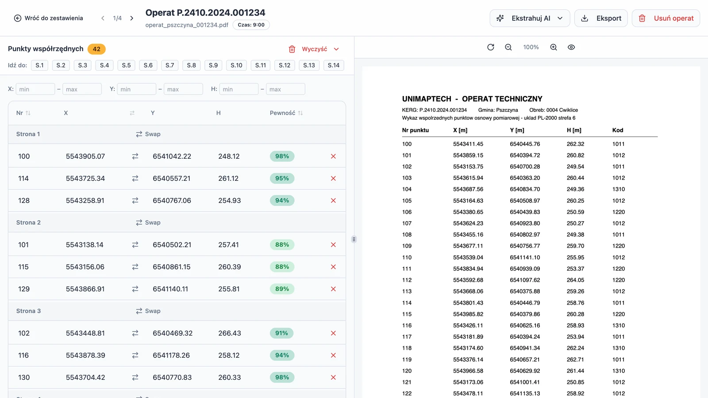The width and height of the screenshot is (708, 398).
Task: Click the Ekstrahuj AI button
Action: pyautogui.click(x=530, y=18)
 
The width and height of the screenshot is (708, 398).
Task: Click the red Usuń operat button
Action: pyautogui.click(x=666, y=18)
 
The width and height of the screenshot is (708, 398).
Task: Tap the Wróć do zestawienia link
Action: pyautogui.click(x=48, y=18)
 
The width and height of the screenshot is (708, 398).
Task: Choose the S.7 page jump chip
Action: pyautogui.click(x=170, y=65)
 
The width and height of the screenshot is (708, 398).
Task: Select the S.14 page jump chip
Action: pyautogui.click(x=334, y=65)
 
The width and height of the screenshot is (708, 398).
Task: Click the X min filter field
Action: pyautogui.click(x=35, y=89)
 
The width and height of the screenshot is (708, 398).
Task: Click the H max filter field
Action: pyautogui.click(x=285, y=89)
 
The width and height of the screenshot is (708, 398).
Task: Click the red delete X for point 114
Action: pyautogui.click(x=333, y=179)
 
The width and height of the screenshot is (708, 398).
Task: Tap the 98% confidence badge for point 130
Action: pyautogui.click(x=282, y=377)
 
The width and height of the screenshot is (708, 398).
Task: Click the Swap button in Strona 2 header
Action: pyautogui.click(x=148, y=222)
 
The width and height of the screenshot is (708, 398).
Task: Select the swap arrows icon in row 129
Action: pyautogui.click(x=135, y=289)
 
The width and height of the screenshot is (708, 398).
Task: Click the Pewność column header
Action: pyautogui.click(x=286, y=113)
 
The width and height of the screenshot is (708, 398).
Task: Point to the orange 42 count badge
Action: pyautogui.click(x=96, y=49)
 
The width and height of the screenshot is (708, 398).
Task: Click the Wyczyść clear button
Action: pyautogui.click(x=314, y=49)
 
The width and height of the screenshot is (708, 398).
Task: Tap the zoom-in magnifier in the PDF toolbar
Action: pyautogui.click(x=554, y=47)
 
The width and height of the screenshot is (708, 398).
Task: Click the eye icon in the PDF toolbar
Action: pyautogui.click(x=571, y=47)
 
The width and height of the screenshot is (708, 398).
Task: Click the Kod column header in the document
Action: pyautogui.click(x=618, y=130)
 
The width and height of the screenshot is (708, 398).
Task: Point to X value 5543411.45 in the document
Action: pyautogui.click(x=468, y=144)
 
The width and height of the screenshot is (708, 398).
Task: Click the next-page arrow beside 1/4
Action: pyautogui.click(x=132, y=18)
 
